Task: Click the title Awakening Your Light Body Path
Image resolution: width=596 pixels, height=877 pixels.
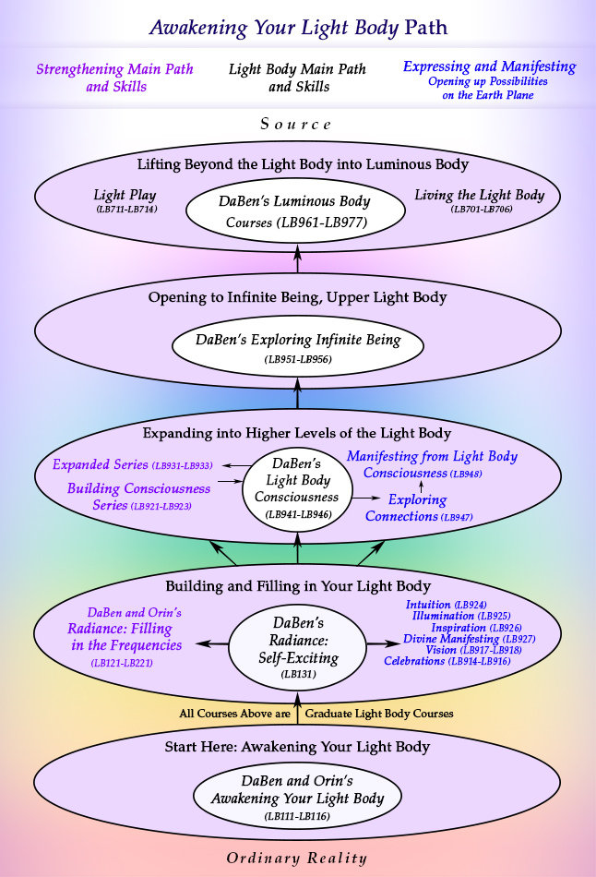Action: (298, 27)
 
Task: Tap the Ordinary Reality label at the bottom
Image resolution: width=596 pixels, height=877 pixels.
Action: (298, 857)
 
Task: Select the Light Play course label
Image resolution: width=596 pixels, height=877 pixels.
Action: (125, 200)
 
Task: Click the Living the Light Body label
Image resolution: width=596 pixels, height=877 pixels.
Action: (479, 200)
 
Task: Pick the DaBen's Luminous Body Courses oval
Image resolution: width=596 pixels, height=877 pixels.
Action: (294, 211)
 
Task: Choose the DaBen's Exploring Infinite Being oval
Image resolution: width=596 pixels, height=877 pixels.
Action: (298, 346)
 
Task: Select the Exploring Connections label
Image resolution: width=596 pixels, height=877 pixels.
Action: (418, 508)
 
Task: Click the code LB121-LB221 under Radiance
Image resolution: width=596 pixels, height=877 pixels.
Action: (122, 663)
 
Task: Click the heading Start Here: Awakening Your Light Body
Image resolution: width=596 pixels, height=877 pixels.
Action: (297, 747)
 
